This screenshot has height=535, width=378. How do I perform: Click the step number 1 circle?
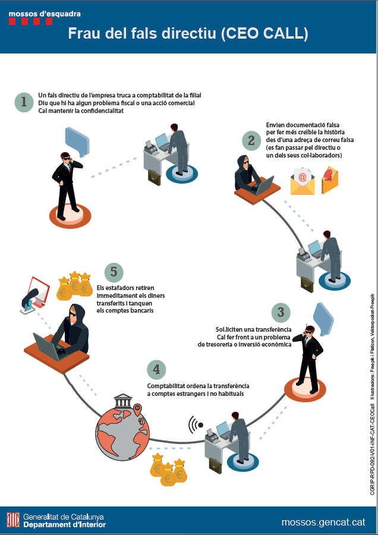[x=24, y=102]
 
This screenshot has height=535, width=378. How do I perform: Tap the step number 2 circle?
[x=251, y=140]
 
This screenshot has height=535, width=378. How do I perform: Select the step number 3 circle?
[x=281, y=312]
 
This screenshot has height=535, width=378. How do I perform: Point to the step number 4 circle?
[x=156, y=370]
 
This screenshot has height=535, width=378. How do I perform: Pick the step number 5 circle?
[x=114, y=272]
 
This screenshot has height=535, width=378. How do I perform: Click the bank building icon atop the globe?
[x=124, y=401]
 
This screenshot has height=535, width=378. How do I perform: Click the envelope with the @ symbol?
[x=303, y=181]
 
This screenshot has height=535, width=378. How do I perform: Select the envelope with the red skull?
[x=329, y=180]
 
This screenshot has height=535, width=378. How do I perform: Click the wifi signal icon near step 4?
[x=196, y=425]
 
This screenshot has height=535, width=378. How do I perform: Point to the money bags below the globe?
[x=169, y=469]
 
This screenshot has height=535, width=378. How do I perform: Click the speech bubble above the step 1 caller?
[x=77, y=141]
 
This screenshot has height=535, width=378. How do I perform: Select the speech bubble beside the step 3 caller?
[x=323, y=319]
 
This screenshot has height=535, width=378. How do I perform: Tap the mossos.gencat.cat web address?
[x=323, y=522]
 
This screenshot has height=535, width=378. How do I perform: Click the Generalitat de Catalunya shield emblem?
[x=13, y=520]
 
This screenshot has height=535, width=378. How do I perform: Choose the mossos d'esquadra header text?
[x=45, y=14]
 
